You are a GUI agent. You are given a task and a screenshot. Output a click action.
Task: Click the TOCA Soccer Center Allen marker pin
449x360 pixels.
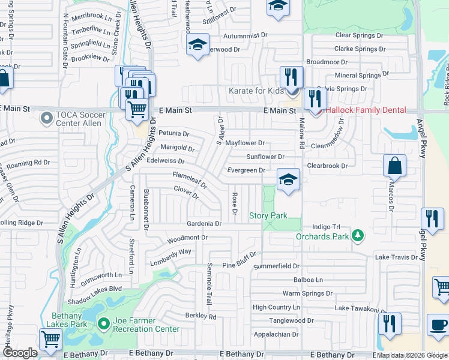(x=46, y=118)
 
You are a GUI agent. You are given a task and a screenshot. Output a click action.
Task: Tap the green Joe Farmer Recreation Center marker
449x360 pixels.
(x=103, y=324)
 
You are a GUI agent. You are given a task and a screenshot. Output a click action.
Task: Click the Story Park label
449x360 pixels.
(x=268, y=215)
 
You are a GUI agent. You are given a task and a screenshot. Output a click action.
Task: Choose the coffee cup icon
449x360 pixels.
(x=437, y=326)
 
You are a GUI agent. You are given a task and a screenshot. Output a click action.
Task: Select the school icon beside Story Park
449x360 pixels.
(x=288, y=179)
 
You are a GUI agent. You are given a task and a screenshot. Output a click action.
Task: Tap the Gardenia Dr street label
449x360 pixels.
(x=205, y=223)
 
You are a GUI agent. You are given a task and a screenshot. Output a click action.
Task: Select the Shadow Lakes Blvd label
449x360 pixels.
(x=92, y=287)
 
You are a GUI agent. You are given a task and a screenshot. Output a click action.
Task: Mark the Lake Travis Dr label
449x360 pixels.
(x=396, y=257)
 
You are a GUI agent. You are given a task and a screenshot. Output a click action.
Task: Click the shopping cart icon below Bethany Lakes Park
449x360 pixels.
(x=50, y=338)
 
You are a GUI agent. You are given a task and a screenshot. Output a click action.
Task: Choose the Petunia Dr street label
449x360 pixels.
(x=174, y=134)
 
